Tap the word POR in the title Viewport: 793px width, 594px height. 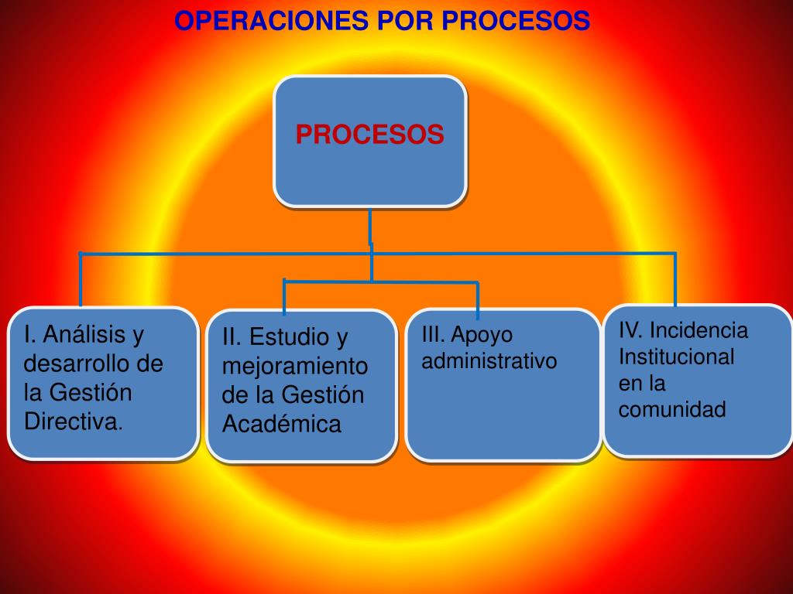coord(407,21)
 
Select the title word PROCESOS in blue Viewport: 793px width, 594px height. coord(516,21)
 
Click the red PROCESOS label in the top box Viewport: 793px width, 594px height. coord(369,135)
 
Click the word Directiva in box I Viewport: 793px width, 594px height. coord(72,422)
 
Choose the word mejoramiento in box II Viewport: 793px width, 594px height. coord(295,366)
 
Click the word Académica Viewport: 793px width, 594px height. coord(282,424)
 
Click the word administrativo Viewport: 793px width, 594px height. coord(489,361)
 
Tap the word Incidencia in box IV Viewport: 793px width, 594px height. coord(699,331)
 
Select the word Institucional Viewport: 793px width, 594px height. coord(676,357)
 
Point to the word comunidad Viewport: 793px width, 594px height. coord(672,409)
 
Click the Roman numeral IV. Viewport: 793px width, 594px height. coord(630,331)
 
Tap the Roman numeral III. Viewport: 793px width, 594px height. coord(434,335)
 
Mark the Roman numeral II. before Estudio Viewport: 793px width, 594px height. coord(232,337)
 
